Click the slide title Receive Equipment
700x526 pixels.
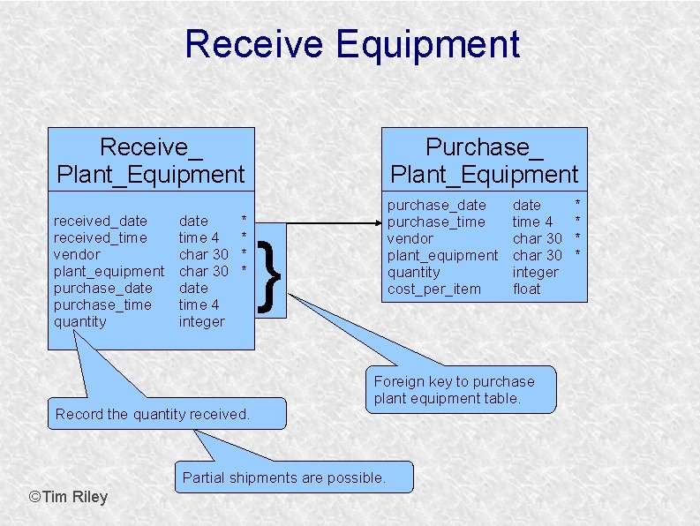click(x=351, y=44)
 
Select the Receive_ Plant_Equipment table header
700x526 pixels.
click(x=150, y=160)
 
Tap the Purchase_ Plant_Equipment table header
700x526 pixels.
click(x=484, y=160)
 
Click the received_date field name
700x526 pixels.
click(x=101, y=221)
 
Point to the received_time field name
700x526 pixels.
click(x=101, y=237)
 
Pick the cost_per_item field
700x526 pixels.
click(x=434, y=289)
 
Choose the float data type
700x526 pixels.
click(x=526, y=289)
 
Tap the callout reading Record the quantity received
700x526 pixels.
click(x=153, y=414)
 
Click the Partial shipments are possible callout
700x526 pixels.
click(x=284, y=477)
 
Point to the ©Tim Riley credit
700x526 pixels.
click(x=69, y=497)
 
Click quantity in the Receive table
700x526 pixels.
click(x=80, y=321)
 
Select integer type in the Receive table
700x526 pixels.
click(x=202, y=321)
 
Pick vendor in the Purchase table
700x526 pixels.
click(x=410, y=238)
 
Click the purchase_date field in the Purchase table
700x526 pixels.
click(x=437, y=205)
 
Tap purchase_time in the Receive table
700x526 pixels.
click(x=102, y=304)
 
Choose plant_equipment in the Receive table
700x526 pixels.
click(x=109, y=271)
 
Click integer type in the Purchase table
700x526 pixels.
click(x=536, y=272)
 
